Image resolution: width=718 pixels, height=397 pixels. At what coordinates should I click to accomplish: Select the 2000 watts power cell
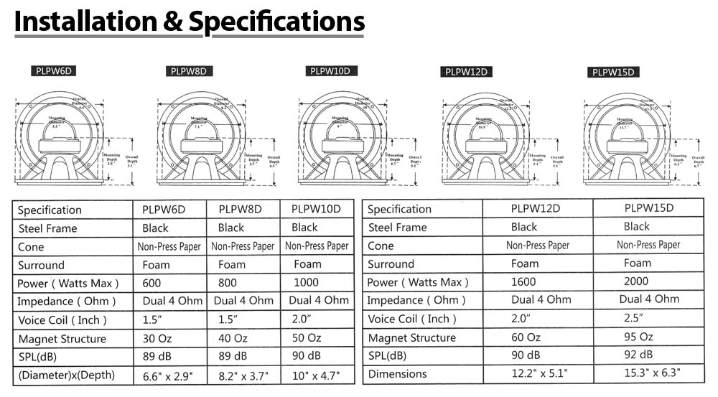pos(635,281)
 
